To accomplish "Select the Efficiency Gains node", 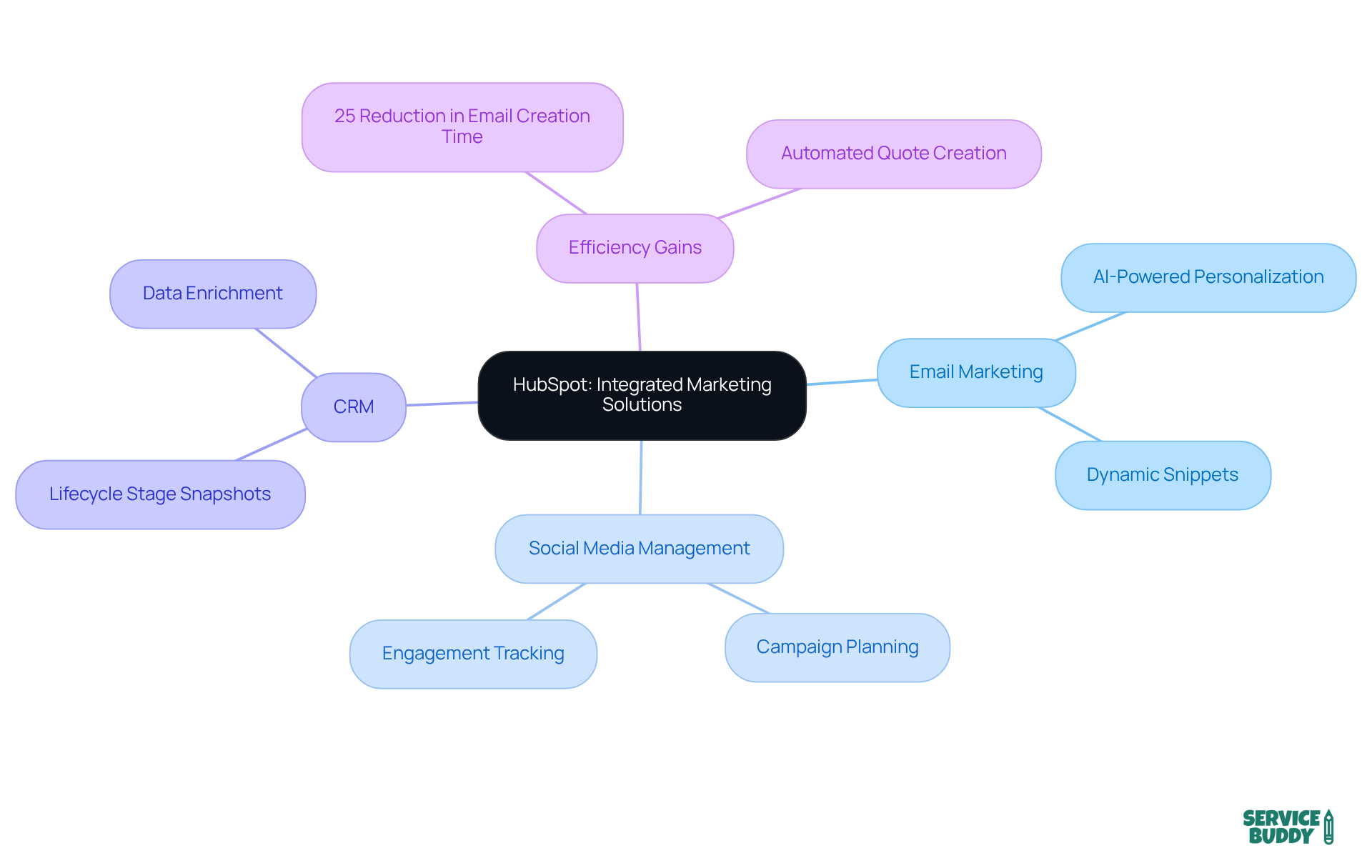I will pyautogui.click(x=635, y=248).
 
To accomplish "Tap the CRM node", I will pyautogui.click(x=354, y=406).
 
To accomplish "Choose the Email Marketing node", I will pyautogui.click(x=976, y=372).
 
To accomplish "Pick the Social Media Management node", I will pyautogui.click(x=639, y=549).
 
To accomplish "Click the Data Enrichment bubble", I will pyautogui.click(x=213, y=294).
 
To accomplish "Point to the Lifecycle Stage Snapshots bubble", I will pyautogui.click(x=160, y=494).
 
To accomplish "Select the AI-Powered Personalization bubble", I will pyautogui.click(x=1208, y=277).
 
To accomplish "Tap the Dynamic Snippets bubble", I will pyautogui.click(x=1163, y=475).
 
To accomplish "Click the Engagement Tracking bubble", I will pyautogui.click(x=473, y=654).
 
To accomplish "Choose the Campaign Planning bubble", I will pyautogui.click(x=837, y=647).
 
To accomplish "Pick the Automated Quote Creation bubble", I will pyautogui.click(x=893, y=154).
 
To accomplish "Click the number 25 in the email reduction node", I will pyautogui.click(x=344, y=116).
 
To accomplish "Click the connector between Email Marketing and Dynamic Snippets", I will pyautogui.click(x=1070, y=424).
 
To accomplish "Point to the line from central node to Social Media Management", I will pyautogui.click(x=640, y=477).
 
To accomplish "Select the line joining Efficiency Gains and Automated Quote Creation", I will pyautogui.click(x=760, y=204).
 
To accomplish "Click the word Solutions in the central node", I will pyautogui.click(x=642, y=405).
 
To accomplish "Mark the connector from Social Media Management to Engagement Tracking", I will pyautogui.click(x=557, y=602).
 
